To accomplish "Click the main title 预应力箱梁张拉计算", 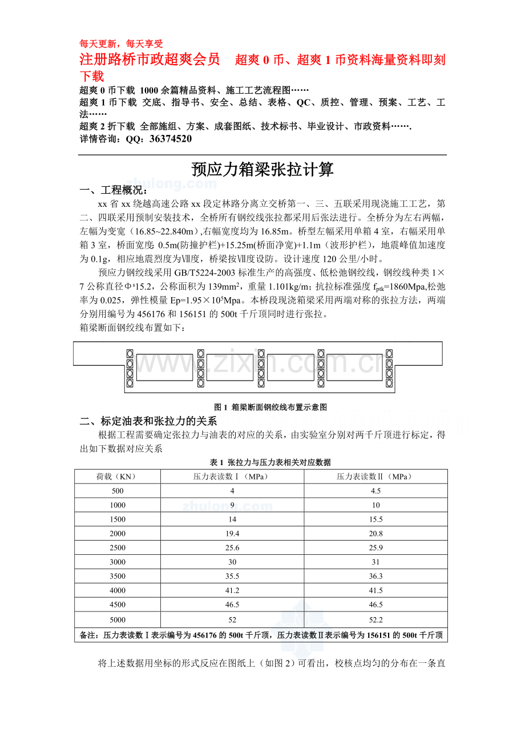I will click(262, 170).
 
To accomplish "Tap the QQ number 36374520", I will click(170, 139).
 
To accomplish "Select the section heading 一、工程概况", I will click(113, 190).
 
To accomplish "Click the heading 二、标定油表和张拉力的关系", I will click(148, 422).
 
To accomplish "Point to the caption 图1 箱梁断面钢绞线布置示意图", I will click(270, 407).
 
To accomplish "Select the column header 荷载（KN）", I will click(117, 477).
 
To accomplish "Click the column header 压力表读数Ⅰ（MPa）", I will click(232, 477).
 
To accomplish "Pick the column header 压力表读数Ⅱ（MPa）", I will click(375, 477).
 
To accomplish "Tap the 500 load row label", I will click(117, 491).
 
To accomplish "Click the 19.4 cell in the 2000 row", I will click(232, 534).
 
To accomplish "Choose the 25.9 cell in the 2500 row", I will click(375, 548).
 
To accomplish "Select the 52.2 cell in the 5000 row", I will click(375, 619).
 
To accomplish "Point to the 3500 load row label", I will click(117, 577).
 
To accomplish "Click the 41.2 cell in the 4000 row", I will click(232, 591).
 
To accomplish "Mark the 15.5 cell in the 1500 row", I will click(375, 519).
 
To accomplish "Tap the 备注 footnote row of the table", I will click(261, 634).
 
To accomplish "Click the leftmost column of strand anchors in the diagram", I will click(130, 368).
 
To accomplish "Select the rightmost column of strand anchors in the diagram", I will click(389, 368).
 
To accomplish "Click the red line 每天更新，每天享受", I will click(122, 43).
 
